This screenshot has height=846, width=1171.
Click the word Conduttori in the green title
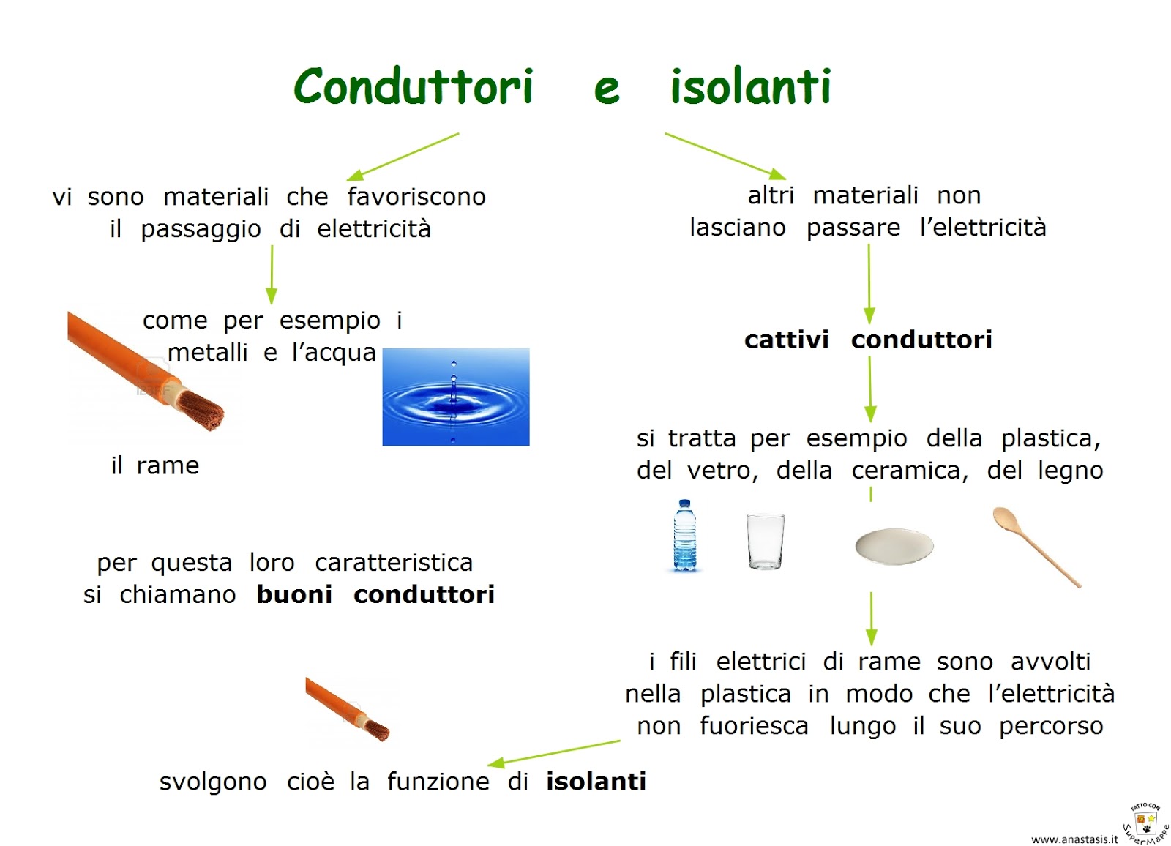point(413,86)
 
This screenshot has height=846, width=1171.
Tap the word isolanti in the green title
point(751,86)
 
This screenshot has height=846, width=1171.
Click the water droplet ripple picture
point(456,397)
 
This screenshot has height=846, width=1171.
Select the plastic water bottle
point(684,535)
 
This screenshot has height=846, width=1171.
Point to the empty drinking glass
point(766,541)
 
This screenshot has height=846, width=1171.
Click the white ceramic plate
point(894,547)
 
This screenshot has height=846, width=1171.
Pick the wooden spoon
point(1036,547)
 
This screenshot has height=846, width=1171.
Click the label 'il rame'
point(155,465)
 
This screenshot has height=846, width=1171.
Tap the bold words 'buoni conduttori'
point(375,594)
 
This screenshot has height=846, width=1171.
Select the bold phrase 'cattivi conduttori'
point(868,340)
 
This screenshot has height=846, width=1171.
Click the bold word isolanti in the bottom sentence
point(596,782)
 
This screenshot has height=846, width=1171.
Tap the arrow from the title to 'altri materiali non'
point(725,157)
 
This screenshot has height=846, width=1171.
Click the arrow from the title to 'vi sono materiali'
point(403,157)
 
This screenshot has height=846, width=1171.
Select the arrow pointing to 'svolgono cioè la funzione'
point(554,754)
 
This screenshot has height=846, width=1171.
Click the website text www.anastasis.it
point(1074,839)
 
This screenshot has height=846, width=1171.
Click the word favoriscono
point(416,197)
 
